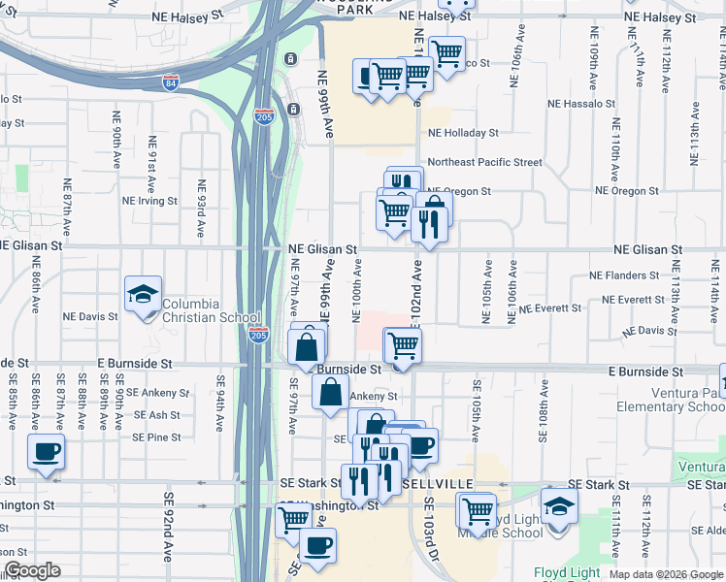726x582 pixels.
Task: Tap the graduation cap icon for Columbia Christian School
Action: click(143, 293)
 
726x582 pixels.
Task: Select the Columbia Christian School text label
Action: click(211, 310)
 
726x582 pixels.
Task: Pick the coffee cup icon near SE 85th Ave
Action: click(46, 451)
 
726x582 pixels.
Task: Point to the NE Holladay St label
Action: click(463, 133)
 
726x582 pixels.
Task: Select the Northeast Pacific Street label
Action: click(484, 162)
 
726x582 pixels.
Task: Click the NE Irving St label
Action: click(149, 202)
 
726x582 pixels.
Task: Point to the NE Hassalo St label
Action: click(582, 103)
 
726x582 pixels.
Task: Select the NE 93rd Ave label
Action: click(202, 209)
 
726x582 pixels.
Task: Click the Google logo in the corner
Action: click(32, 570)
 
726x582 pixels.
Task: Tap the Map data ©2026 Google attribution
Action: click(665, 574)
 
